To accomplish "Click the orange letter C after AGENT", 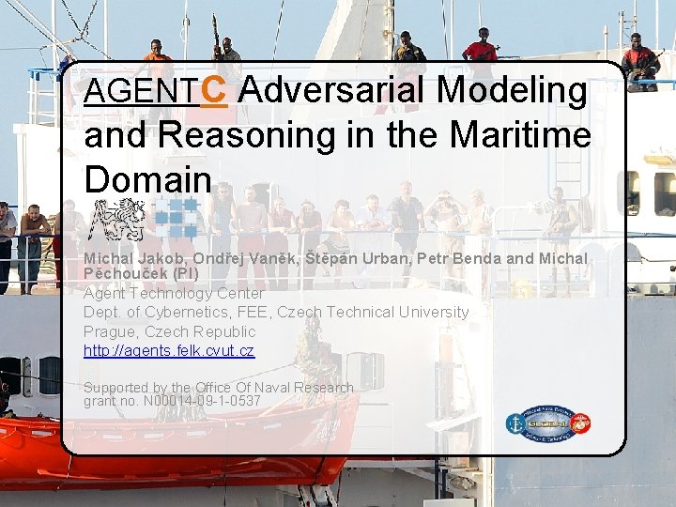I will (214, 89).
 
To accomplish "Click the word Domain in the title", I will (147, 177).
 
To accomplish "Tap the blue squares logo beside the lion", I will (177, 218).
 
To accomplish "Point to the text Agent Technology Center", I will (174, 293).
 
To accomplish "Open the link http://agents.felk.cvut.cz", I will (169, 351).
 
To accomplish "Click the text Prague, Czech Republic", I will (169, 331).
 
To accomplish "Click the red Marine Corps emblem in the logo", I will (581, 424).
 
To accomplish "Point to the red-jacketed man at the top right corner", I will (640, 61).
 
